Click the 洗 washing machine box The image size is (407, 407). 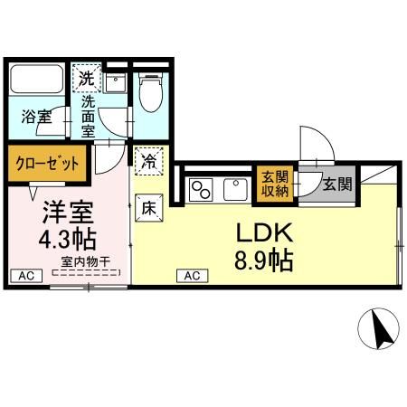[85, 79]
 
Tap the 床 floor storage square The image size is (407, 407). [148, 207]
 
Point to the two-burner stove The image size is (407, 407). [200, 190]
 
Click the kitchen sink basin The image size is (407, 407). [237, 190]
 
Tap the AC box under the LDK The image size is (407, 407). [193, 276]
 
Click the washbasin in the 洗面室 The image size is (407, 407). [115, 83]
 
